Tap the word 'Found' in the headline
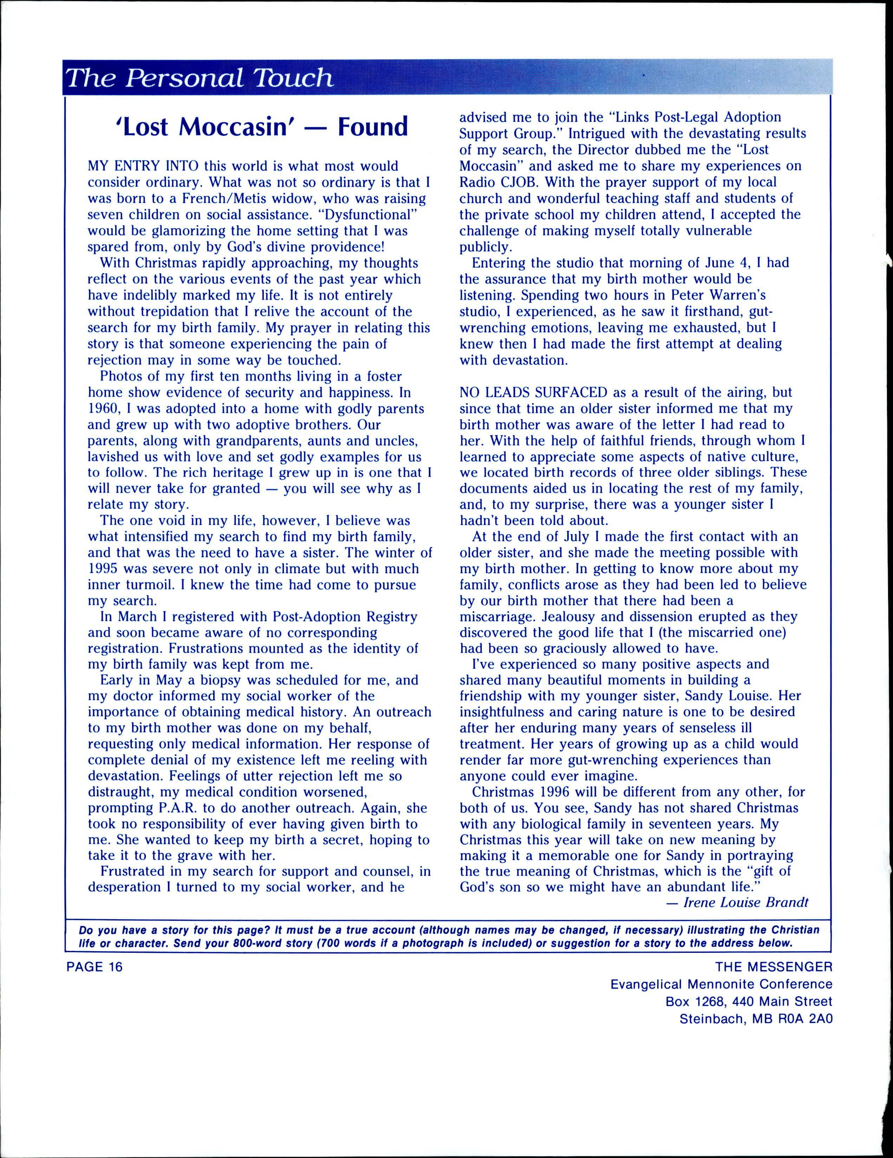[x=374, y=127]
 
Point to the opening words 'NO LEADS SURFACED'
[x=534, y=392]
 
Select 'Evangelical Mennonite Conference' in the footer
[x=721, y=984]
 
